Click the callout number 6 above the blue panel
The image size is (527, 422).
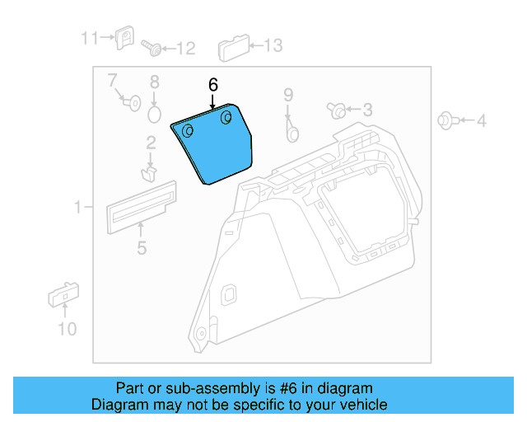pyautogui.click(x=213, y=85)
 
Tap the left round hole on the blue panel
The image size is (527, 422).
pyautogui.click(x=188, y=132)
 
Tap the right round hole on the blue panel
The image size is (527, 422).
pyautogui.click(x=225, y=119)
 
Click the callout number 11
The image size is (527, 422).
pyautogui.click(x=89, y=37)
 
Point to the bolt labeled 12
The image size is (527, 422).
pyautogui.click(x=151, y=47)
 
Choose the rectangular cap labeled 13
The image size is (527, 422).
pyautogui.click(x=233, y=49)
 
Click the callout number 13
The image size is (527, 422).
pyautogui.click(x=272, y=45)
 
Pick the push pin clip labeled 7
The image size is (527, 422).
pyautogui.click(x=129, y=101)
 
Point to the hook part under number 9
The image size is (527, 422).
pyautogui.click(x=291, y=129)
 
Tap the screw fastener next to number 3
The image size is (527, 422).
pyautogui.click(x=336, y=110)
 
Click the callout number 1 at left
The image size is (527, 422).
pyautogui.click(x=79, y=208)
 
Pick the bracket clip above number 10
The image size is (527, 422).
pyautogui.click(x=63, y=294)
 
